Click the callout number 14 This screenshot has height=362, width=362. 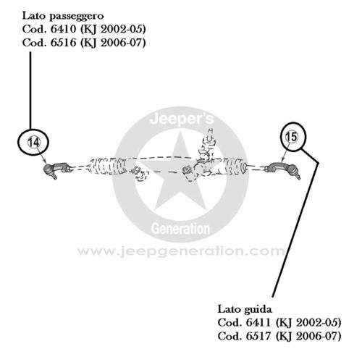(x=33, y=143)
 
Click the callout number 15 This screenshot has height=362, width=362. (x=291, y=137)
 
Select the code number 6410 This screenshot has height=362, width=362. (x=64, y=30)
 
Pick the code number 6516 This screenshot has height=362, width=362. (x=64, y=43)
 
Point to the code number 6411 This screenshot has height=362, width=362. (x=258, y=323)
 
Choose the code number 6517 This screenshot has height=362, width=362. (x=258, y=336)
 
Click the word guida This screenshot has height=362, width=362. (x=260, y=310)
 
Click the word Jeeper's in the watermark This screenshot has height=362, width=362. (x=182, y=119)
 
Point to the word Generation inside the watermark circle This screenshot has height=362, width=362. (x=180, y=229)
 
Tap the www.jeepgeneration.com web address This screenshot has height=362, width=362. (x=181, y=251)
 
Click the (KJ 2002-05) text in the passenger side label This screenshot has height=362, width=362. (x=113, y=30)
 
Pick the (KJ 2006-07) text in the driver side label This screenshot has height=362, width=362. (x=308, y=337)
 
